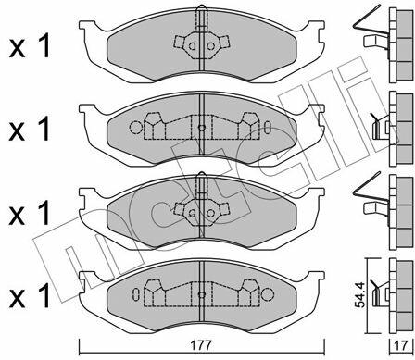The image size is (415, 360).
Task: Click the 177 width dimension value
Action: tap(202, 345)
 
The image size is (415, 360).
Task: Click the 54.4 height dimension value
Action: tap(359, 295)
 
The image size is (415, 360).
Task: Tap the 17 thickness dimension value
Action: tap(401, 345)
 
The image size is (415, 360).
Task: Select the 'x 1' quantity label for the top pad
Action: tap(30, 46)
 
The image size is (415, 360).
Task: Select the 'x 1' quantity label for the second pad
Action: tap(30, 129)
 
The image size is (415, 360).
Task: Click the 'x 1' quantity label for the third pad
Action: tap(30, 213)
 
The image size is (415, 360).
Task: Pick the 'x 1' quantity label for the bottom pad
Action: tap(30, 296)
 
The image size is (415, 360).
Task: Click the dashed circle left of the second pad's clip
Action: tap(135, 127)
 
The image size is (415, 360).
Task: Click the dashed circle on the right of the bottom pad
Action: tap(268, 294)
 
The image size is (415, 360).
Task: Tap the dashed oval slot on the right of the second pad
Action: tap(268, 127)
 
